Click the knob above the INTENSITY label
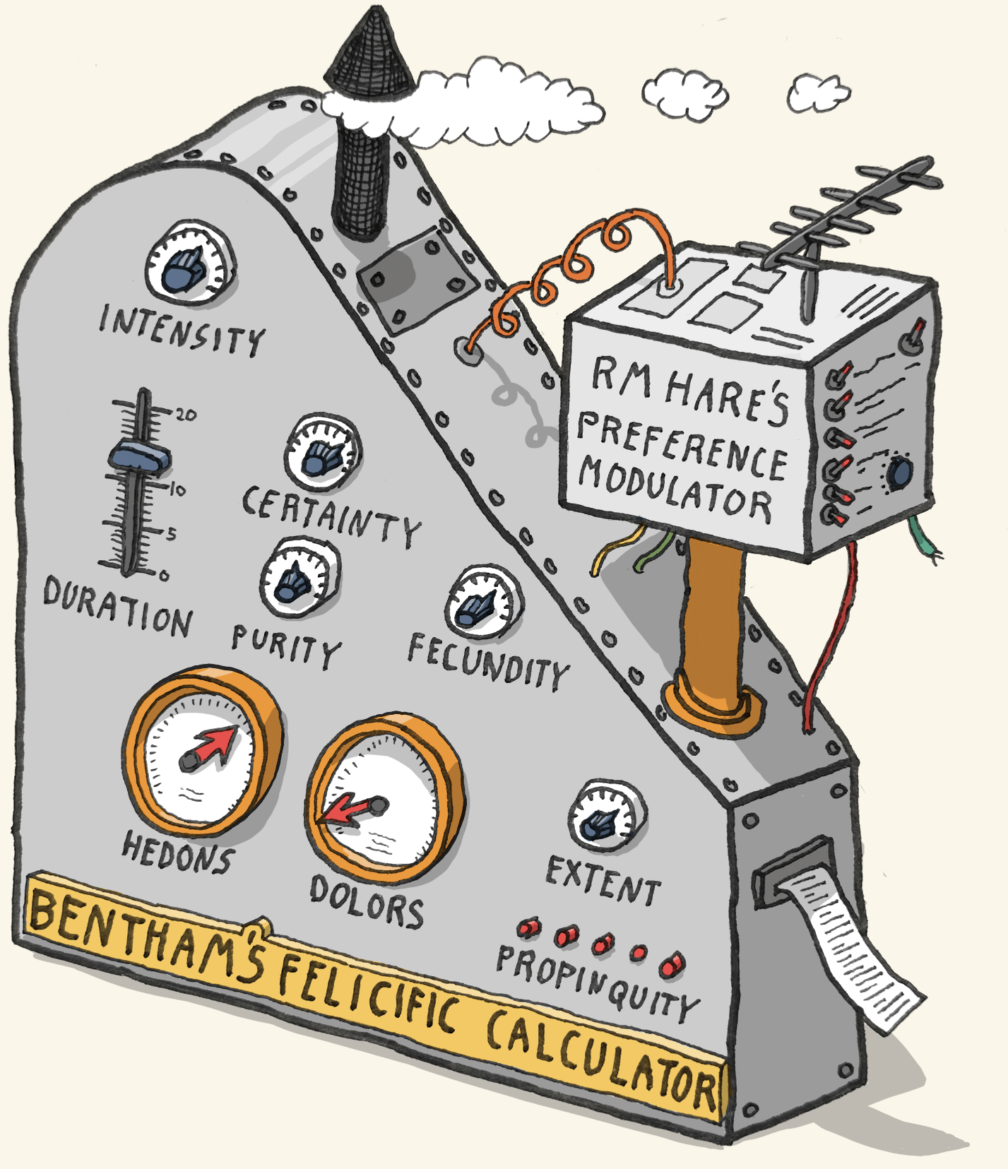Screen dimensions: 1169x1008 point(189,266)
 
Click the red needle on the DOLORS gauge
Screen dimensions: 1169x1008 point(346,810)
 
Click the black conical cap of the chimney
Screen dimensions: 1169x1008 point(369,57)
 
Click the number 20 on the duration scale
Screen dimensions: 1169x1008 point(186,415)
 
